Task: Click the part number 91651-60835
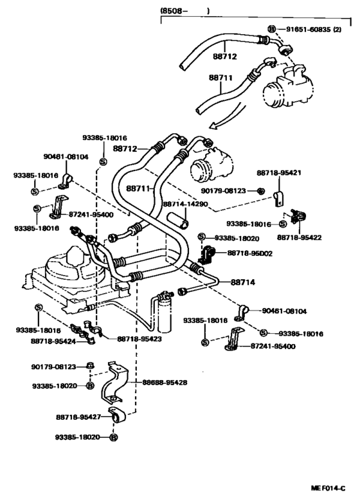308,30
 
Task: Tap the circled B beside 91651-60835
272,30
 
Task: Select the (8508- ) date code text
184,11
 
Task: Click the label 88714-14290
185,204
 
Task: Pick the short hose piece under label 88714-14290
177,221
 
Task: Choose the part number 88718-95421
279,172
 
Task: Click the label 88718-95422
300,237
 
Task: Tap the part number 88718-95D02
249,253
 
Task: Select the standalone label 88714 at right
242,282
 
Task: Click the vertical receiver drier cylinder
165,311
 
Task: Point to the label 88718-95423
139,339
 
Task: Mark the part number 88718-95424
53,341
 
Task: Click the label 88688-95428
165,382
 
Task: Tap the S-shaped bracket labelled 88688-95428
115,383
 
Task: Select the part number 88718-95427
78,417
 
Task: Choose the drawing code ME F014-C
328,488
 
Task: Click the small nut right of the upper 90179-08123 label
260,191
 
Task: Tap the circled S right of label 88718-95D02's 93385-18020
202,237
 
